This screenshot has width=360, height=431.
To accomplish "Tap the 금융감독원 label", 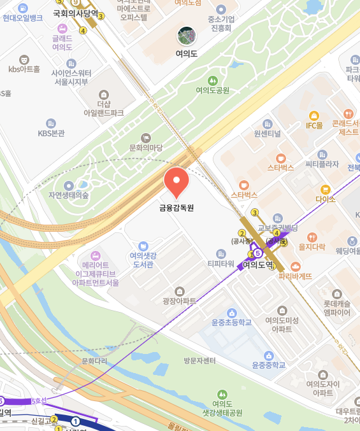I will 176,208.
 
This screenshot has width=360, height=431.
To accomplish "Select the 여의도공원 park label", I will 213,90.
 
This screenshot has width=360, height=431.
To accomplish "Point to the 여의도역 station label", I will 257,264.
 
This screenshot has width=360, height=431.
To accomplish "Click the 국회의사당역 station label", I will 75,13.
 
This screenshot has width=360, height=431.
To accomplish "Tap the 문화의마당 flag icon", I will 146,137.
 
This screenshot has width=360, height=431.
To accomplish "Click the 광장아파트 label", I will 180,300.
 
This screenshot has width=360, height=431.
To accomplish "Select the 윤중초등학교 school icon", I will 232,313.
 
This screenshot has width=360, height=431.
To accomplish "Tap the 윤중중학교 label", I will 269,365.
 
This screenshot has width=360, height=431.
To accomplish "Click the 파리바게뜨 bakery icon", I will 295,266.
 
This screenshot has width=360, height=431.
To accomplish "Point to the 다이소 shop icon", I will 325,189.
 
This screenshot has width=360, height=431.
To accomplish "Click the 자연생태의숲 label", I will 69,195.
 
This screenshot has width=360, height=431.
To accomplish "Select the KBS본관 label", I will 51,134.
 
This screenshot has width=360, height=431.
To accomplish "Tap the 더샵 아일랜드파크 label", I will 104,108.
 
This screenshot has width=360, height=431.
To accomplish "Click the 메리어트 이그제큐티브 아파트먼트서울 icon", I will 96,255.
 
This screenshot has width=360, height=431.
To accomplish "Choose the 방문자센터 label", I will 199,361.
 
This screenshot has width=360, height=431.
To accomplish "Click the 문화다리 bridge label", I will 95,361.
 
